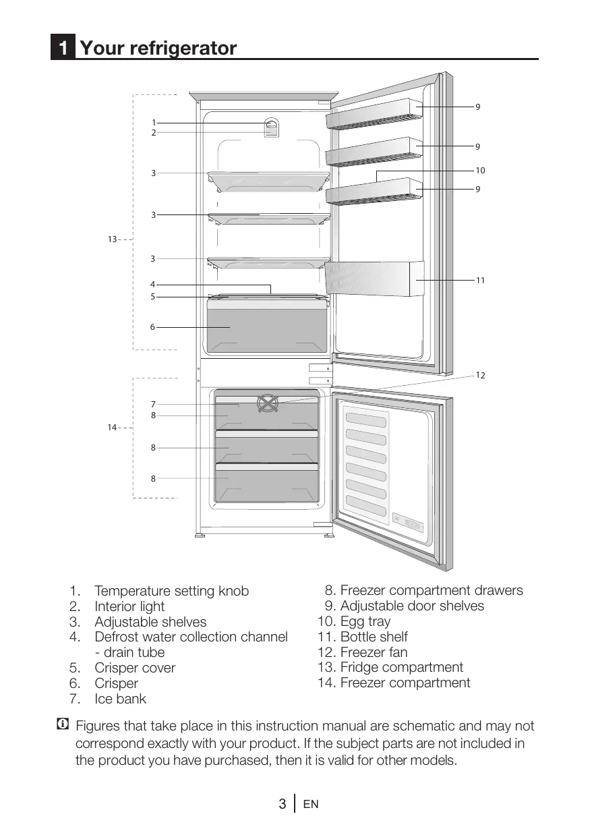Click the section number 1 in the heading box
pyautogui.click(x=63, y=49)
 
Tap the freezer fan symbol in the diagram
pyautogui.click(x=268, y=404)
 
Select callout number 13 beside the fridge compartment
pyautogui.click(x=112, y=239)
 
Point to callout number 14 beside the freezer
pyautogui.click(x=112, y=428)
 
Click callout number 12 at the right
pyautogui.click(x=480, y=375)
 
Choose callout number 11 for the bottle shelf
pyautogui.click(x=480, y=280)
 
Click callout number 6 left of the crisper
pyautogui.click(x=152, y=327)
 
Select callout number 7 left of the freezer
pyautogui.click(x=153, y=404)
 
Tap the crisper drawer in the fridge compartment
pyautogui.click(x=267, y=327)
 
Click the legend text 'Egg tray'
pyautogui.click(x=365, y=621)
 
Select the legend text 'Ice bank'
pyautogui.click(x=120, y=699)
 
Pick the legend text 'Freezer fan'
pyautogui.click(x=374, y=652)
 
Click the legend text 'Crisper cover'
pyautogui.click(x=135, y=668)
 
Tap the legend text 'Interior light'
pyautogui.click(x=129, y=606)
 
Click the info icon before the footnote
pyautogui.click(x=63, y=726)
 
